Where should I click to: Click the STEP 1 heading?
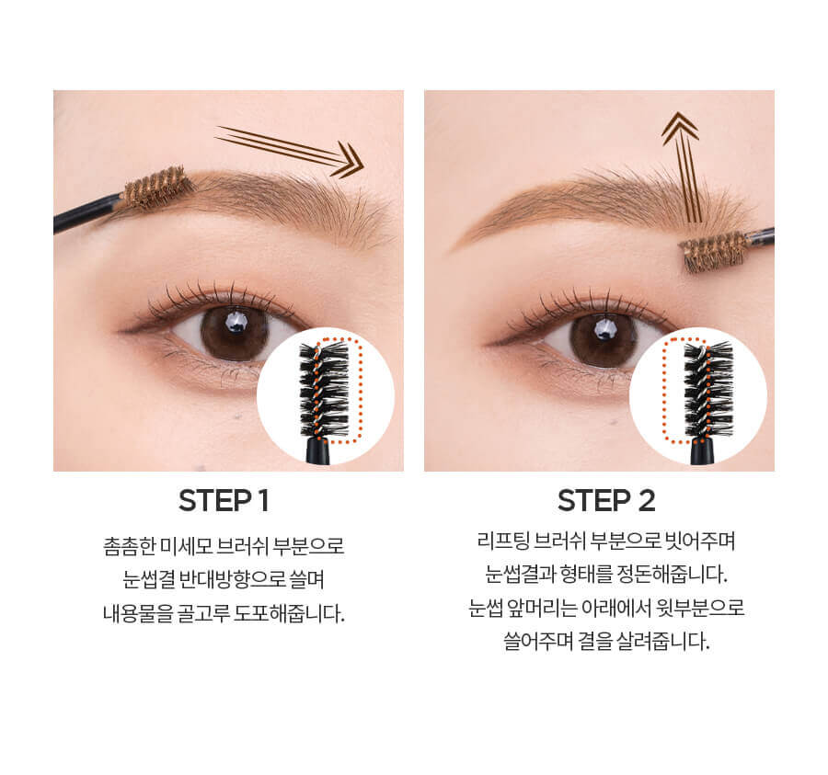pos(224,501)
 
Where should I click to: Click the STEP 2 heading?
pos(606,501)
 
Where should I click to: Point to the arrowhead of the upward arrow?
pos(680,128)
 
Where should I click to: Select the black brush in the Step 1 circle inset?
pos(328,391)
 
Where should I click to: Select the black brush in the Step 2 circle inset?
pos(707,391)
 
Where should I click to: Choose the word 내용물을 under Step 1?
pos(133,613)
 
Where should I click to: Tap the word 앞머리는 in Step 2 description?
pos(543,608)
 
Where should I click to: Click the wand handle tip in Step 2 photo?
pos(763,236)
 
